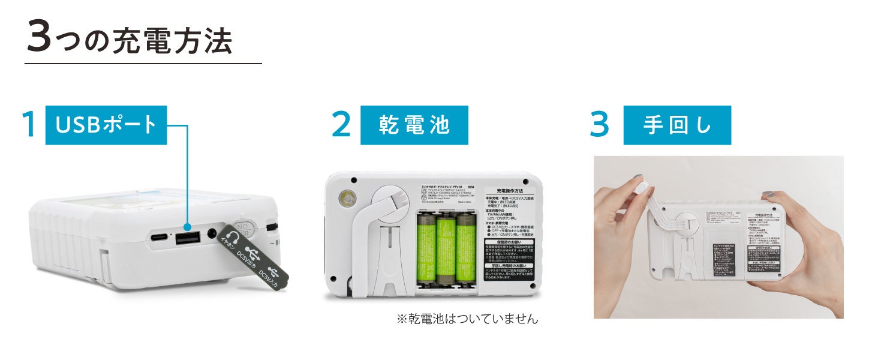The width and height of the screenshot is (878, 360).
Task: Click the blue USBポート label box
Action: pos(106,125)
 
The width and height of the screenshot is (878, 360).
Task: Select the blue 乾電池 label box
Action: pos(414,125)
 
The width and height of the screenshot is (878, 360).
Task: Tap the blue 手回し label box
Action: pos(677,125)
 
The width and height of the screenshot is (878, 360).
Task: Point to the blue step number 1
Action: pos(28,125)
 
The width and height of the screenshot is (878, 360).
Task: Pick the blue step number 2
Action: pos(341,125)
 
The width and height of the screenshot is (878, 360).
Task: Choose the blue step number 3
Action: pos(599,125)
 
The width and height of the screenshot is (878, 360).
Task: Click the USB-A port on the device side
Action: pos(188,236)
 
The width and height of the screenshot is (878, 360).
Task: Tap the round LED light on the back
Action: pos(346,198)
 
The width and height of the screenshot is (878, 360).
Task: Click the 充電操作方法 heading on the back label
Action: pos(508,190)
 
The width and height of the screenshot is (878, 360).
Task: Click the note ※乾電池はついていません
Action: pos(467,319)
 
